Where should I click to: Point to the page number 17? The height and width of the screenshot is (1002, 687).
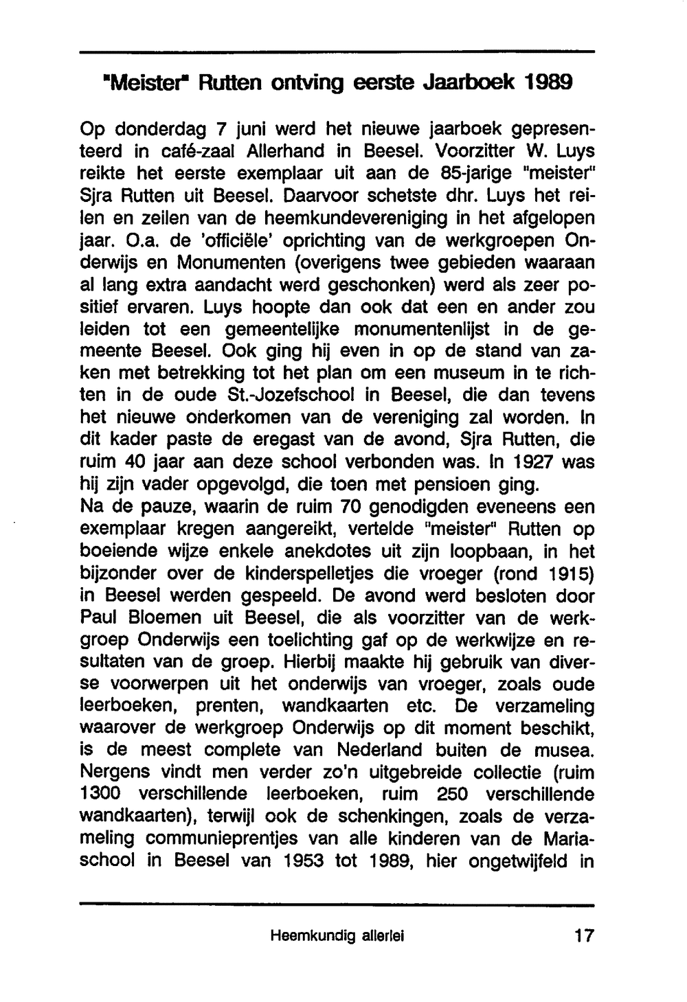pyautogui.click(x=584, y=935)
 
